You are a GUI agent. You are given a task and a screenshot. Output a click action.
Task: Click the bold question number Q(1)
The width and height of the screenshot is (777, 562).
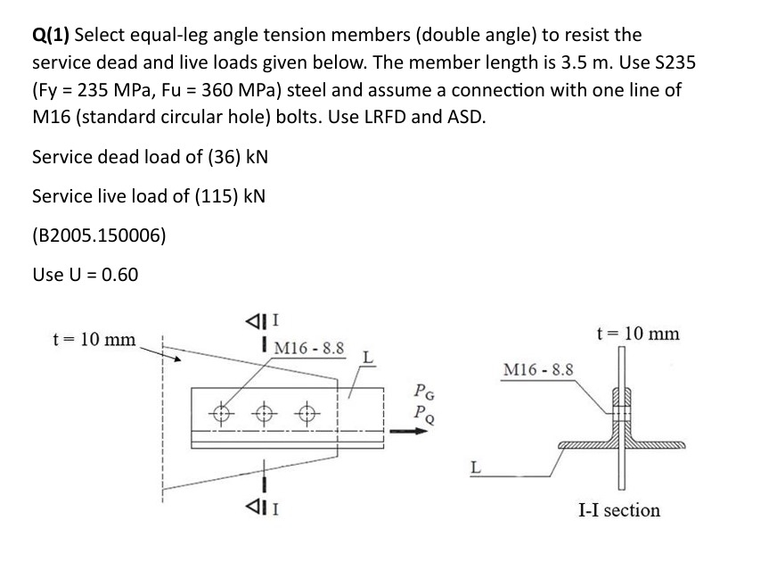pyautogui.click(x=51, y=36)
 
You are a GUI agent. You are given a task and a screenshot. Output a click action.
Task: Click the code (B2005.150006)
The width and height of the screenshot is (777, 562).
pyautogui.click(x=98, y=235)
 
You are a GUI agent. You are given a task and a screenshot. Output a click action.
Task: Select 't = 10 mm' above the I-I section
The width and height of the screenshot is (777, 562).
pyautogui.click(x=637, y=334)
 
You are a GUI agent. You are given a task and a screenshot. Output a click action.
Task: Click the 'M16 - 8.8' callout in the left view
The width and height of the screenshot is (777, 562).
pyautogui.click(x=310, y=347)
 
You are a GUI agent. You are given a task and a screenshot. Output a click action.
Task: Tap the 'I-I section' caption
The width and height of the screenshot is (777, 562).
pyautogui.click(x=619, y=510)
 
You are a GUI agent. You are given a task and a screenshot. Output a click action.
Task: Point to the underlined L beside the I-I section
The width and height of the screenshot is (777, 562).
pyautogui.click(x=475, y=467)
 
